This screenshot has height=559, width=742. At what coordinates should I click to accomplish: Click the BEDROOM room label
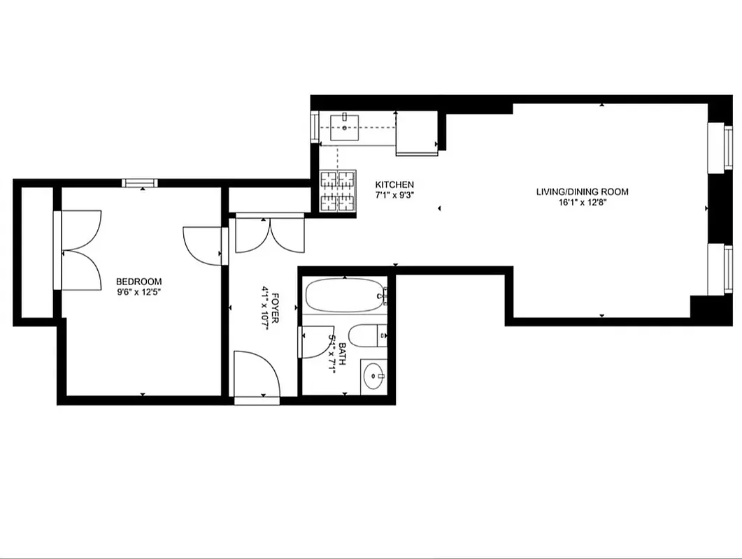tap(138, 282)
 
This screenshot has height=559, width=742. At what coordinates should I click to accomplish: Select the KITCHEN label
tap(394, 184)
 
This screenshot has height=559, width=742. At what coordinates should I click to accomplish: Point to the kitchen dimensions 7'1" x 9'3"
tap(394, 195)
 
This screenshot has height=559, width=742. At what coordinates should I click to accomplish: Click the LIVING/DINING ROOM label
tap(582, 191)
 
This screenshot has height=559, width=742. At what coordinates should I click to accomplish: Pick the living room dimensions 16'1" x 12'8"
tap(582, 203)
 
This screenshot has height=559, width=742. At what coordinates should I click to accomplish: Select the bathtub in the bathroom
tap(345, 296)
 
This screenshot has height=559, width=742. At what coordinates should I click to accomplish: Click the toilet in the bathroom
tap(365, 336)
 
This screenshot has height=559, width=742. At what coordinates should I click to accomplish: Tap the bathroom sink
tap(374, 377)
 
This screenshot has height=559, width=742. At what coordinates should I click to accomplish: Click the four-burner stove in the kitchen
tap(338, 191)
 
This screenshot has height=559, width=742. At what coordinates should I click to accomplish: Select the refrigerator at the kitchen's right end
tap(417, 133)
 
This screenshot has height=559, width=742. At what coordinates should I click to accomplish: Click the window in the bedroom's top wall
tap(139, 183)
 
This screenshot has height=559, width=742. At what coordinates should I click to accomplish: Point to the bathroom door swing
tap(313, 342)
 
